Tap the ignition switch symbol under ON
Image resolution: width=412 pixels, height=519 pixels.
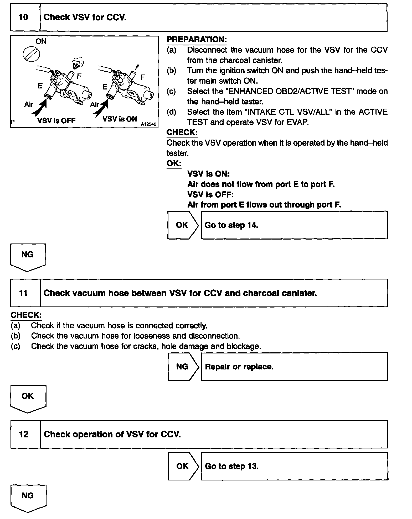[31, 55]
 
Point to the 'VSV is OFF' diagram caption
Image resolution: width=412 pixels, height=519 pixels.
[56, 120]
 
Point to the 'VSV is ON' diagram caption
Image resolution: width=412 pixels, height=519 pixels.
[120, 119]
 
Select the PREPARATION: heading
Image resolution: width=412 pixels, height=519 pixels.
[197, 40]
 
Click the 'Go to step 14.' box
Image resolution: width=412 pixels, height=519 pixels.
[294, 225]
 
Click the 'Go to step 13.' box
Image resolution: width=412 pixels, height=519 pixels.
[294, 466]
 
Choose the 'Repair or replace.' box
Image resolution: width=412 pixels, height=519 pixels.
[294, 367]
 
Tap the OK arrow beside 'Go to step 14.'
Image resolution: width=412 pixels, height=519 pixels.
[183, 225]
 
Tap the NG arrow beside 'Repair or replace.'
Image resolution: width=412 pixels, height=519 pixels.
[183, 367]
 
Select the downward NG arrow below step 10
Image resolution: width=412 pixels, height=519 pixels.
[28, 257]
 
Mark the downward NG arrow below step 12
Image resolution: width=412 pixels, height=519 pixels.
[28, 498]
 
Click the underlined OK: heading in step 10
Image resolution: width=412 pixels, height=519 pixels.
[174, 163]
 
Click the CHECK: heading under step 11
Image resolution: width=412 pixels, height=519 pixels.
[26, 315]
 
